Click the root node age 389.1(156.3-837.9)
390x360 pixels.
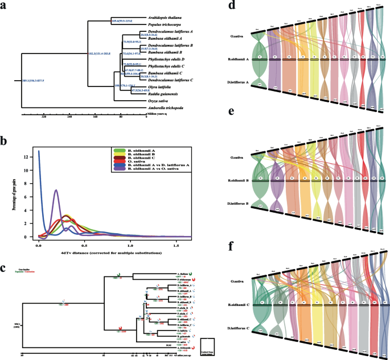[34, 81]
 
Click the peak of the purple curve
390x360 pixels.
[56, 191]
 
